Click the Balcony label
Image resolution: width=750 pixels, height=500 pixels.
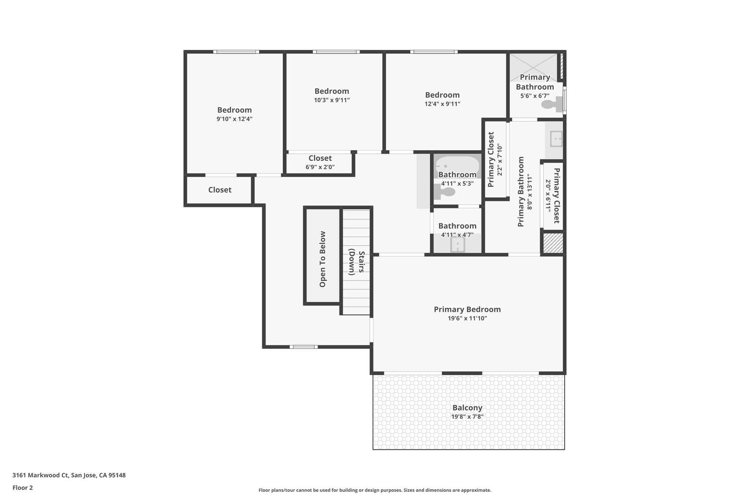(x=467, y=408)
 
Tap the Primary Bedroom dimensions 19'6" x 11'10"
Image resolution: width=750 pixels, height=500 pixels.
(x=467, y=318)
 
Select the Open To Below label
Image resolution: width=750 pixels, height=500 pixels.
(x=323, y=259)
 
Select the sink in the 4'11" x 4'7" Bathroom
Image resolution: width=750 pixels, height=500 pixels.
(x=457, y=244)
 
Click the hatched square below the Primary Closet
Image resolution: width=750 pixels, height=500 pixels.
(x=553, y=243)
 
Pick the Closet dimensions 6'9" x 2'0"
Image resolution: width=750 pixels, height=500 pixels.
(x=320, y=167)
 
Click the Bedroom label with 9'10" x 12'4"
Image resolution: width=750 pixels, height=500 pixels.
(x=234, y=110)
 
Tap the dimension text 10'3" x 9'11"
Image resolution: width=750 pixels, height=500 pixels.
(x=332, y=100)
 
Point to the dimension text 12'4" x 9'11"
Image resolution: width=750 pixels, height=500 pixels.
(x=442, y=104)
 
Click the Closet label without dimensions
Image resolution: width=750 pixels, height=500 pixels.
(x=220, y=190)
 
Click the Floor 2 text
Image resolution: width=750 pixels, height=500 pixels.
(x=23, y=488)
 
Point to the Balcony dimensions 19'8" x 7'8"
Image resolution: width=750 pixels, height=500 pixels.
(x=467, y=416)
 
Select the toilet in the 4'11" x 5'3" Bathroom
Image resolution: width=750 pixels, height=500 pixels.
(x=444, y=192)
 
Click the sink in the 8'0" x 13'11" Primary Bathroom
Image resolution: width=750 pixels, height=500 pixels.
(x=556, y=139)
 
